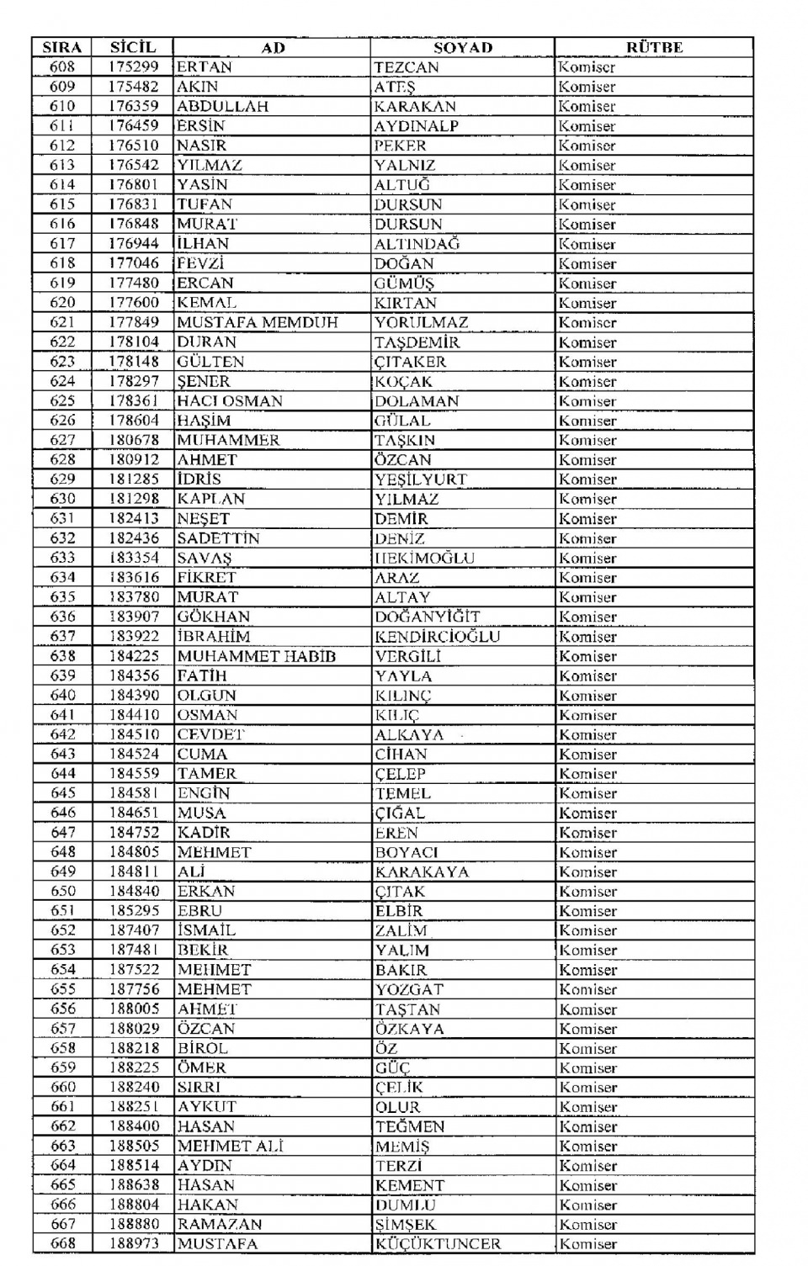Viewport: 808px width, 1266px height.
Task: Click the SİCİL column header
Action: click(x=133, y=47)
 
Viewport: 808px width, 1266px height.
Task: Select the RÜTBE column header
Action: click(x=654, y=47)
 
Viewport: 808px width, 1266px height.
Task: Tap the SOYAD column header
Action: click(x=463, y=47)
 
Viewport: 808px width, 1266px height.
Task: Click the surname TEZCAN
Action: click(x=407, y=67)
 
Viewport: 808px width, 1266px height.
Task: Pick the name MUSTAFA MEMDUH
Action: click(x=258, y=322)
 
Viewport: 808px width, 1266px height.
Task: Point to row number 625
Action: click(x=62, y=400)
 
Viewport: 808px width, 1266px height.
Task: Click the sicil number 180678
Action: click(x=133, y=440)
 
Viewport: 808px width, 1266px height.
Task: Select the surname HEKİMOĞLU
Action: click(x=424, y=558)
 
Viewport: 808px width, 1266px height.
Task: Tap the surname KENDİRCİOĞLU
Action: click(x=437, y=637)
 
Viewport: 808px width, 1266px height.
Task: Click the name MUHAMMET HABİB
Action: click(x=256, y=656)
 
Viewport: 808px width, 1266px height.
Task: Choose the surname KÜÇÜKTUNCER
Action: click(x=438, y=1243)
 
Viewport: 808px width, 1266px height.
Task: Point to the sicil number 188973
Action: click(x=133, y=1243)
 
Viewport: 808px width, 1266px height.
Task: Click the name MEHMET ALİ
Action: click(x=230, y=1146)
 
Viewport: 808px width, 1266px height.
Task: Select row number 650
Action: click(x=62, y=891)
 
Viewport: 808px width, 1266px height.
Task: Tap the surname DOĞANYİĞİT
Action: click(x=427, y=617)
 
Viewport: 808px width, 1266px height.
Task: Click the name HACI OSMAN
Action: click(x=230, y=400)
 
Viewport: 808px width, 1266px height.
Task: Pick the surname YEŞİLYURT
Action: click(x=421, y=479)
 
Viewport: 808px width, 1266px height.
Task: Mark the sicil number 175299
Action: click(x=133, y=67)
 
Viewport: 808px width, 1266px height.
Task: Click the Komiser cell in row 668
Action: click(x=587, y=1243)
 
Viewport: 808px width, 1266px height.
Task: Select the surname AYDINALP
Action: click(x=417, y=126)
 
